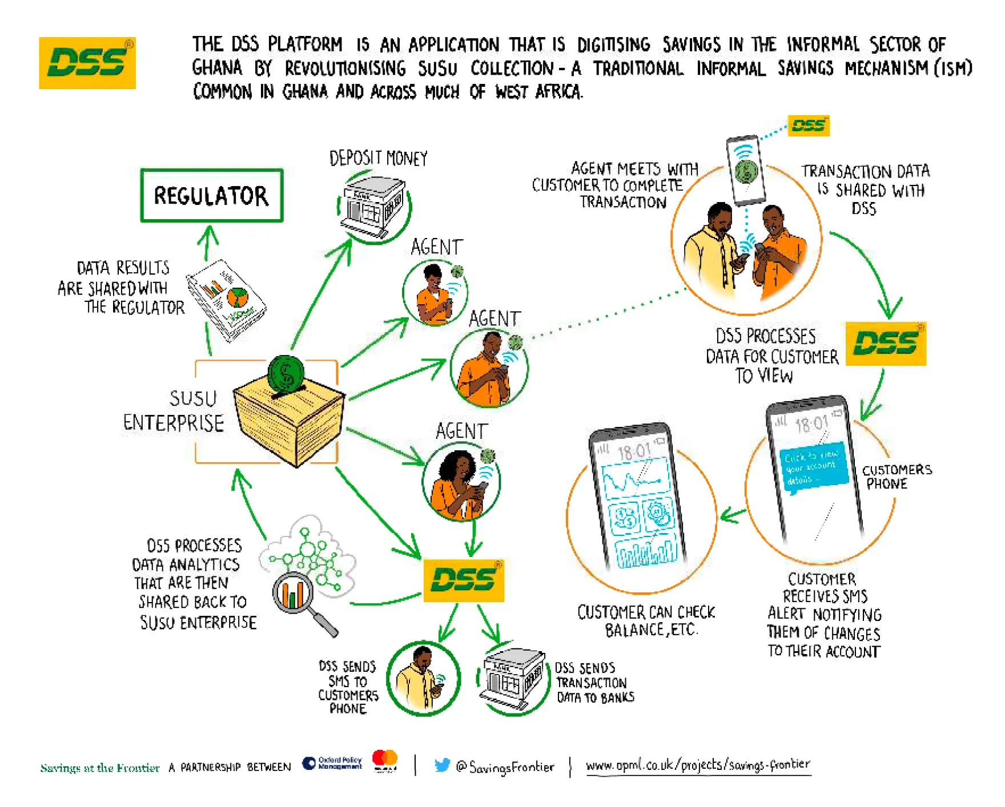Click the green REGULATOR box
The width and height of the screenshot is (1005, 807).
tap(211, 195)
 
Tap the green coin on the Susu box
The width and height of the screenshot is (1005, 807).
tap(286, 374)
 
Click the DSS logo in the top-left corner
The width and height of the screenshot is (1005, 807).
tap(87, 63)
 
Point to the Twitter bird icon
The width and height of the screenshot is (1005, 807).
tap(441, 765)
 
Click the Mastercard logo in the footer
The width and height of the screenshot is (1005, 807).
tap(385, 760)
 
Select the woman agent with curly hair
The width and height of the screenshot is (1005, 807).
tap(460, 482)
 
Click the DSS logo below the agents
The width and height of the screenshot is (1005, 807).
tap(464, 580)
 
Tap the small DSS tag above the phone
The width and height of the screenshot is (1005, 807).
tap(808, 126)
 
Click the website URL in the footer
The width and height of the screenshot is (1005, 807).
tap(698, 765)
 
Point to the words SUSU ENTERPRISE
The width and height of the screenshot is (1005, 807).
tap(174, 411)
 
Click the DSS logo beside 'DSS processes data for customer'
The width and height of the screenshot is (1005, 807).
tap(886, 344)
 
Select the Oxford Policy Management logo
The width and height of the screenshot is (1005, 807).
tap(332, 763)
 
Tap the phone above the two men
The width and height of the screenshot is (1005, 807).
tap(746, 170)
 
